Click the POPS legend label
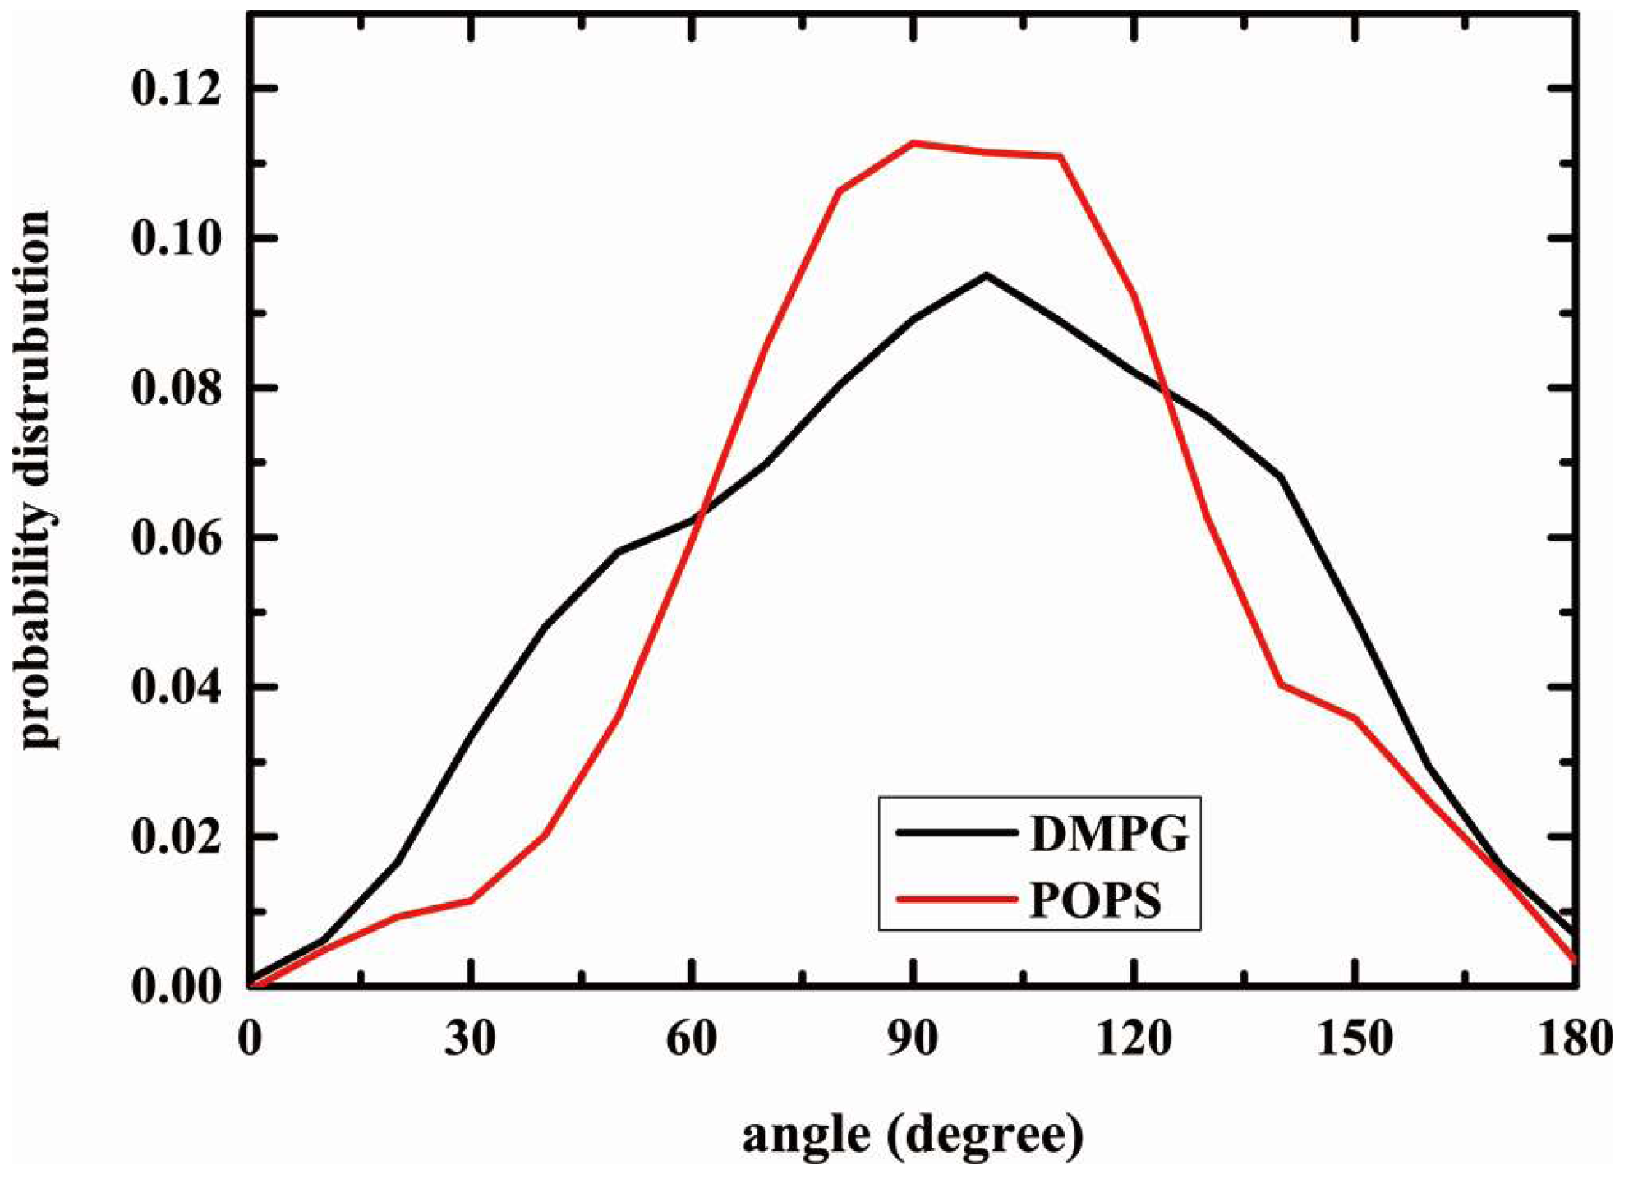coord(1095,900)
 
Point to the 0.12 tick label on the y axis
coord(177,88)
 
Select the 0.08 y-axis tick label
coord(177,388)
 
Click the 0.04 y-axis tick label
coord(177,687)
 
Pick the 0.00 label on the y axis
coord(177,987)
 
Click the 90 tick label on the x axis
coord(912,1039)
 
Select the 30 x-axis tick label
coord(471,1039)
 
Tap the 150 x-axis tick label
coord(1355,1039)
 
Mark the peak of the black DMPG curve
coord(986,275)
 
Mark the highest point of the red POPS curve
coord(913,143)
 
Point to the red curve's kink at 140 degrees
coord(1281,684)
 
